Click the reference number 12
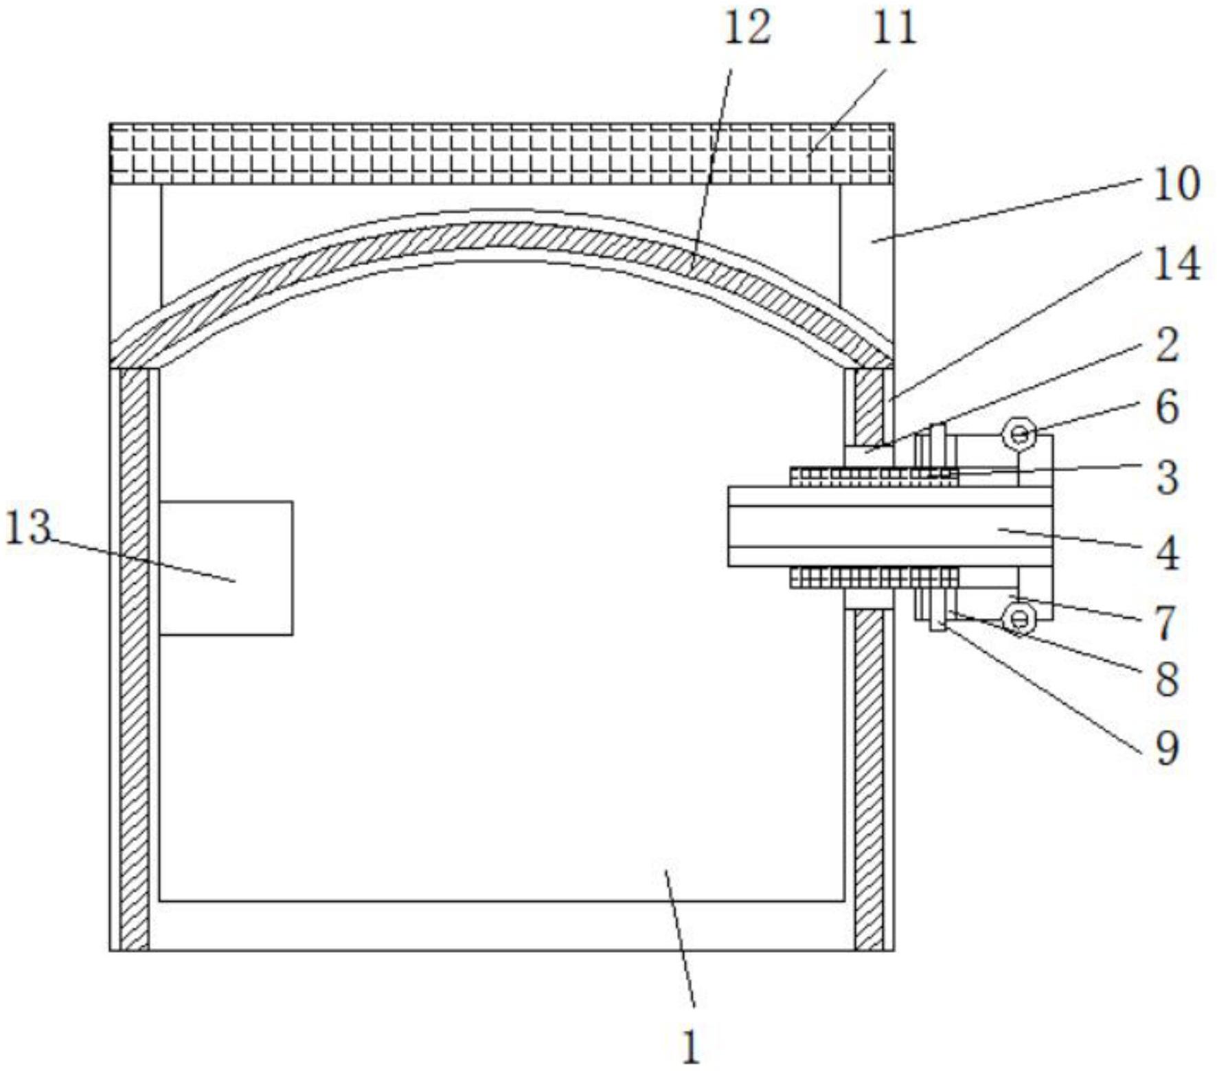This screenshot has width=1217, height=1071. tap(747, 30)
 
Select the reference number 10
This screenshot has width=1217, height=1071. tap(1176, 183)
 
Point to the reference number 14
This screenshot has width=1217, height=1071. tap(1176, 263)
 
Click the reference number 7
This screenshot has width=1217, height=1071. tap(1167, 622)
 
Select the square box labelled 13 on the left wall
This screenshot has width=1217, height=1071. tap(226, 567)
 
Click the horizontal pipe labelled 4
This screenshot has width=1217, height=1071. tap(890, 526)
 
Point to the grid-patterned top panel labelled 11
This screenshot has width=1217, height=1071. tap(501, 154)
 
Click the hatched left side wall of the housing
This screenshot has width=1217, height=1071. tap(135, 659)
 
